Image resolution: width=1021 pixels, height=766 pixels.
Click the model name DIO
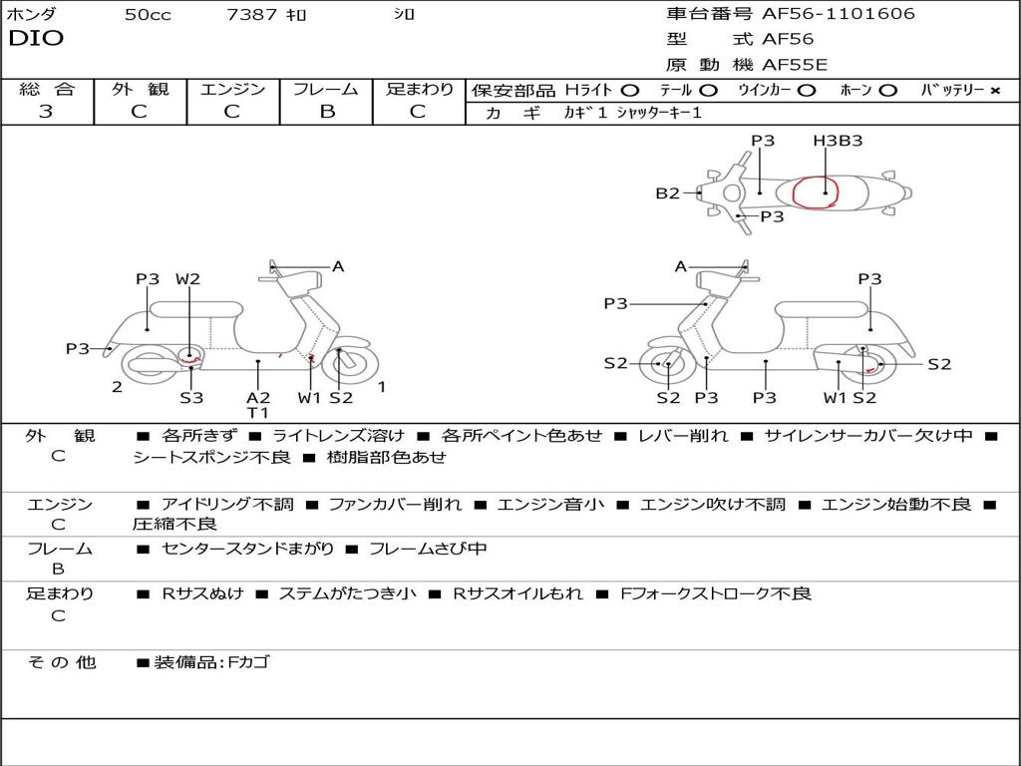36,39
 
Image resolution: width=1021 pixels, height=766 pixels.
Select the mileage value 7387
251,15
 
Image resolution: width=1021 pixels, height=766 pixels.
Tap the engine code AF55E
795,65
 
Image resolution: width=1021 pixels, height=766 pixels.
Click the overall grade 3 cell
46,112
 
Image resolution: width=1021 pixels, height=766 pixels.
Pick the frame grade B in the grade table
326,112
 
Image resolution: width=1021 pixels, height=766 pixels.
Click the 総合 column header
47,89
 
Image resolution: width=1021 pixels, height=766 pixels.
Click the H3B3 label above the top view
838,141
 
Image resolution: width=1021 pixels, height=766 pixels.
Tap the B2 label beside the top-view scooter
667,193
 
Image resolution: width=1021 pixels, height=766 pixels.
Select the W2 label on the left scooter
187,279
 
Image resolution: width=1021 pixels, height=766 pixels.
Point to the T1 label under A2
258,412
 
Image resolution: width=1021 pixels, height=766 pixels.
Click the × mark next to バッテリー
994,90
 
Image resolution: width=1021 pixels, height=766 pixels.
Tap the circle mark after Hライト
630,90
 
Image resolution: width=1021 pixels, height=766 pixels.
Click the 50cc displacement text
148,15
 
